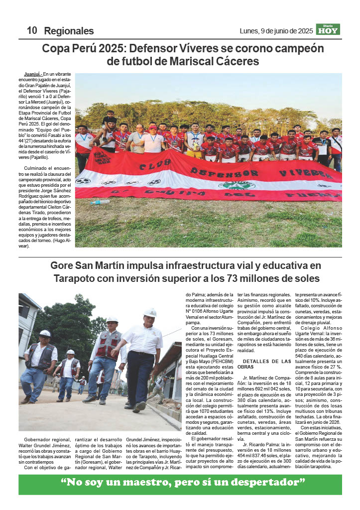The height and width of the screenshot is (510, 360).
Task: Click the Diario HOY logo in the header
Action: [x=328, y=29]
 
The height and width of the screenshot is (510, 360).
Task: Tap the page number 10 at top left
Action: [x=32, y=30]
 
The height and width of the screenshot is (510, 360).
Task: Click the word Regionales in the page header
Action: [x=69, y=31]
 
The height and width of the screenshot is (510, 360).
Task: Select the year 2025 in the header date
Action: [x=303, y=31]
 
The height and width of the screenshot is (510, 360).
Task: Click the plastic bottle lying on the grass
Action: [x=100, y=202]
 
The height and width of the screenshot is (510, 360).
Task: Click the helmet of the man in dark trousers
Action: [x=150, y=312]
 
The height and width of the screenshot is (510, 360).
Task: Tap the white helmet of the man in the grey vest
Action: [x=45, y=333]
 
